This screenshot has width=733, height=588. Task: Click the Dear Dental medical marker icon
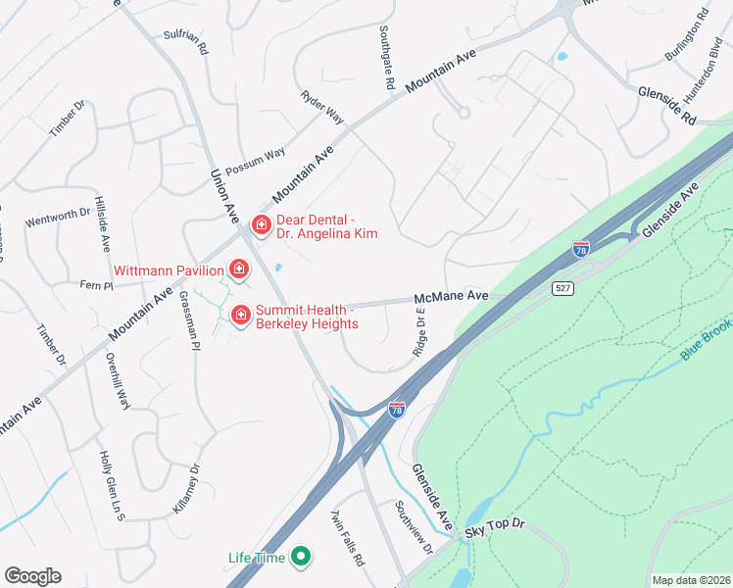(261, 225)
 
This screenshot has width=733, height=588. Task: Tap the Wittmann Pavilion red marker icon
(238, 269)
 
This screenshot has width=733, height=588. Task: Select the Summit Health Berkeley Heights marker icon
(239, 315)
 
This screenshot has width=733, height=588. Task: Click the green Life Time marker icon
(302, 558)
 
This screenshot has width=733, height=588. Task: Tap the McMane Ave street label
(451, 295)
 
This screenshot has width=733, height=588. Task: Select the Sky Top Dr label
(495, 526)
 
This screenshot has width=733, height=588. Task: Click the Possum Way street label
(255, 160)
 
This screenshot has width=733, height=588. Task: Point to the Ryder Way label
(322, 107)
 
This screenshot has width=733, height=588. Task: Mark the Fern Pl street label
(97, 285)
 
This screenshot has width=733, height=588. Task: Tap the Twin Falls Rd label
(347, 538)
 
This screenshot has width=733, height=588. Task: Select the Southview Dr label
(414, 526)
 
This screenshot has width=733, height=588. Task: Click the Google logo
(33, 576)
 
